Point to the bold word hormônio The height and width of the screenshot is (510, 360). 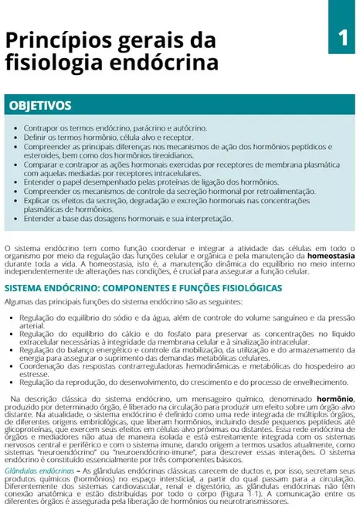pos(335,398)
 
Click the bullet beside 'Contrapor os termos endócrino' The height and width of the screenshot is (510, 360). pos(17,126)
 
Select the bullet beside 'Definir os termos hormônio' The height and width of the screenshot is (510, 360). pos(17,134)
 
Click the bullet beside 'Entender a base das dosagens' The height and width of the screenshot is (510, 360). pos(17,219)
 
